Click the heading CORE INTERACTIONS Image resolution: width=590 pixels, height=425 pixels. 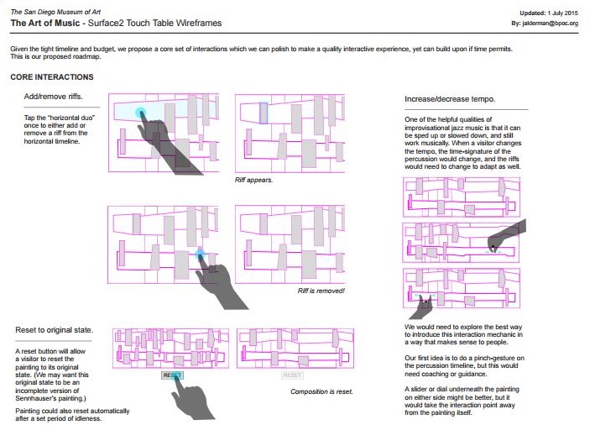point(52,76)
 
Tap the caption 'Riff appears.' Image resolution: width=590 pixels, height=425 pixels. point(253,180)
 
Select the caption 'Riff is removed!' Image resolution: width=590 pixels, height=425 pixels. point(321,291)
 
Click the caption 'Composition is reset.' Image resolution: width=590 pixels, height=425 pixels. point(321,391)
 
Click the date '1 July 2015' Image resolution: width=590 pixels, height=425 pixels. point(562,13)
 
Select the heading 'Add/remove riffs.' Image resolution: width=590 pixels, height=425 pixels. point(53,97)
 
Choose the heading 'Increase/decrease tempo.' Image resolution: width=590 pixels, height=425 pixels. point(450,99)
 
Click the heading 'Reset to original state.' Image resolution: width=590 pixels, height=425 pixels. point(55,330)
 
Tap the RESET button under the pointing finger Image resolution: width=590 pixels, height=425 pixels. point(172,375)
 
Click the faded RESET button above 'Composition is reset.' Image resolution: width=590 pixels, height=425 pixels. point(292,375)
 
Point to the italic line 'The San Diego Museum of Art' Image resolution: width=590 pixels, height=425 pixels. point(55,12)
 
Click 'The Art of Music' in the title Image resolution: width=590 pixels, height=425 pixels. point(45,23)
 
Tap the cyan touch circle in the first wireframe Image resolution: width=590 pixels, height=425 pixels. point(140,113)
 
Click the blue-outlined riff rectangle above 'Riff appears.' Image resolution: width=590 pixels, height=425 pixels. point(264,113)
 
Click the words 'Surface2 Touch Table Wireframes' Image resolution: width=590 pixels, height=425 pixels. point(154,23)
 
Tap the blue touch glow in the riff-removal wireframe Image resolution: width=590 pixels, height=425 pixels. point(201,254)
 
